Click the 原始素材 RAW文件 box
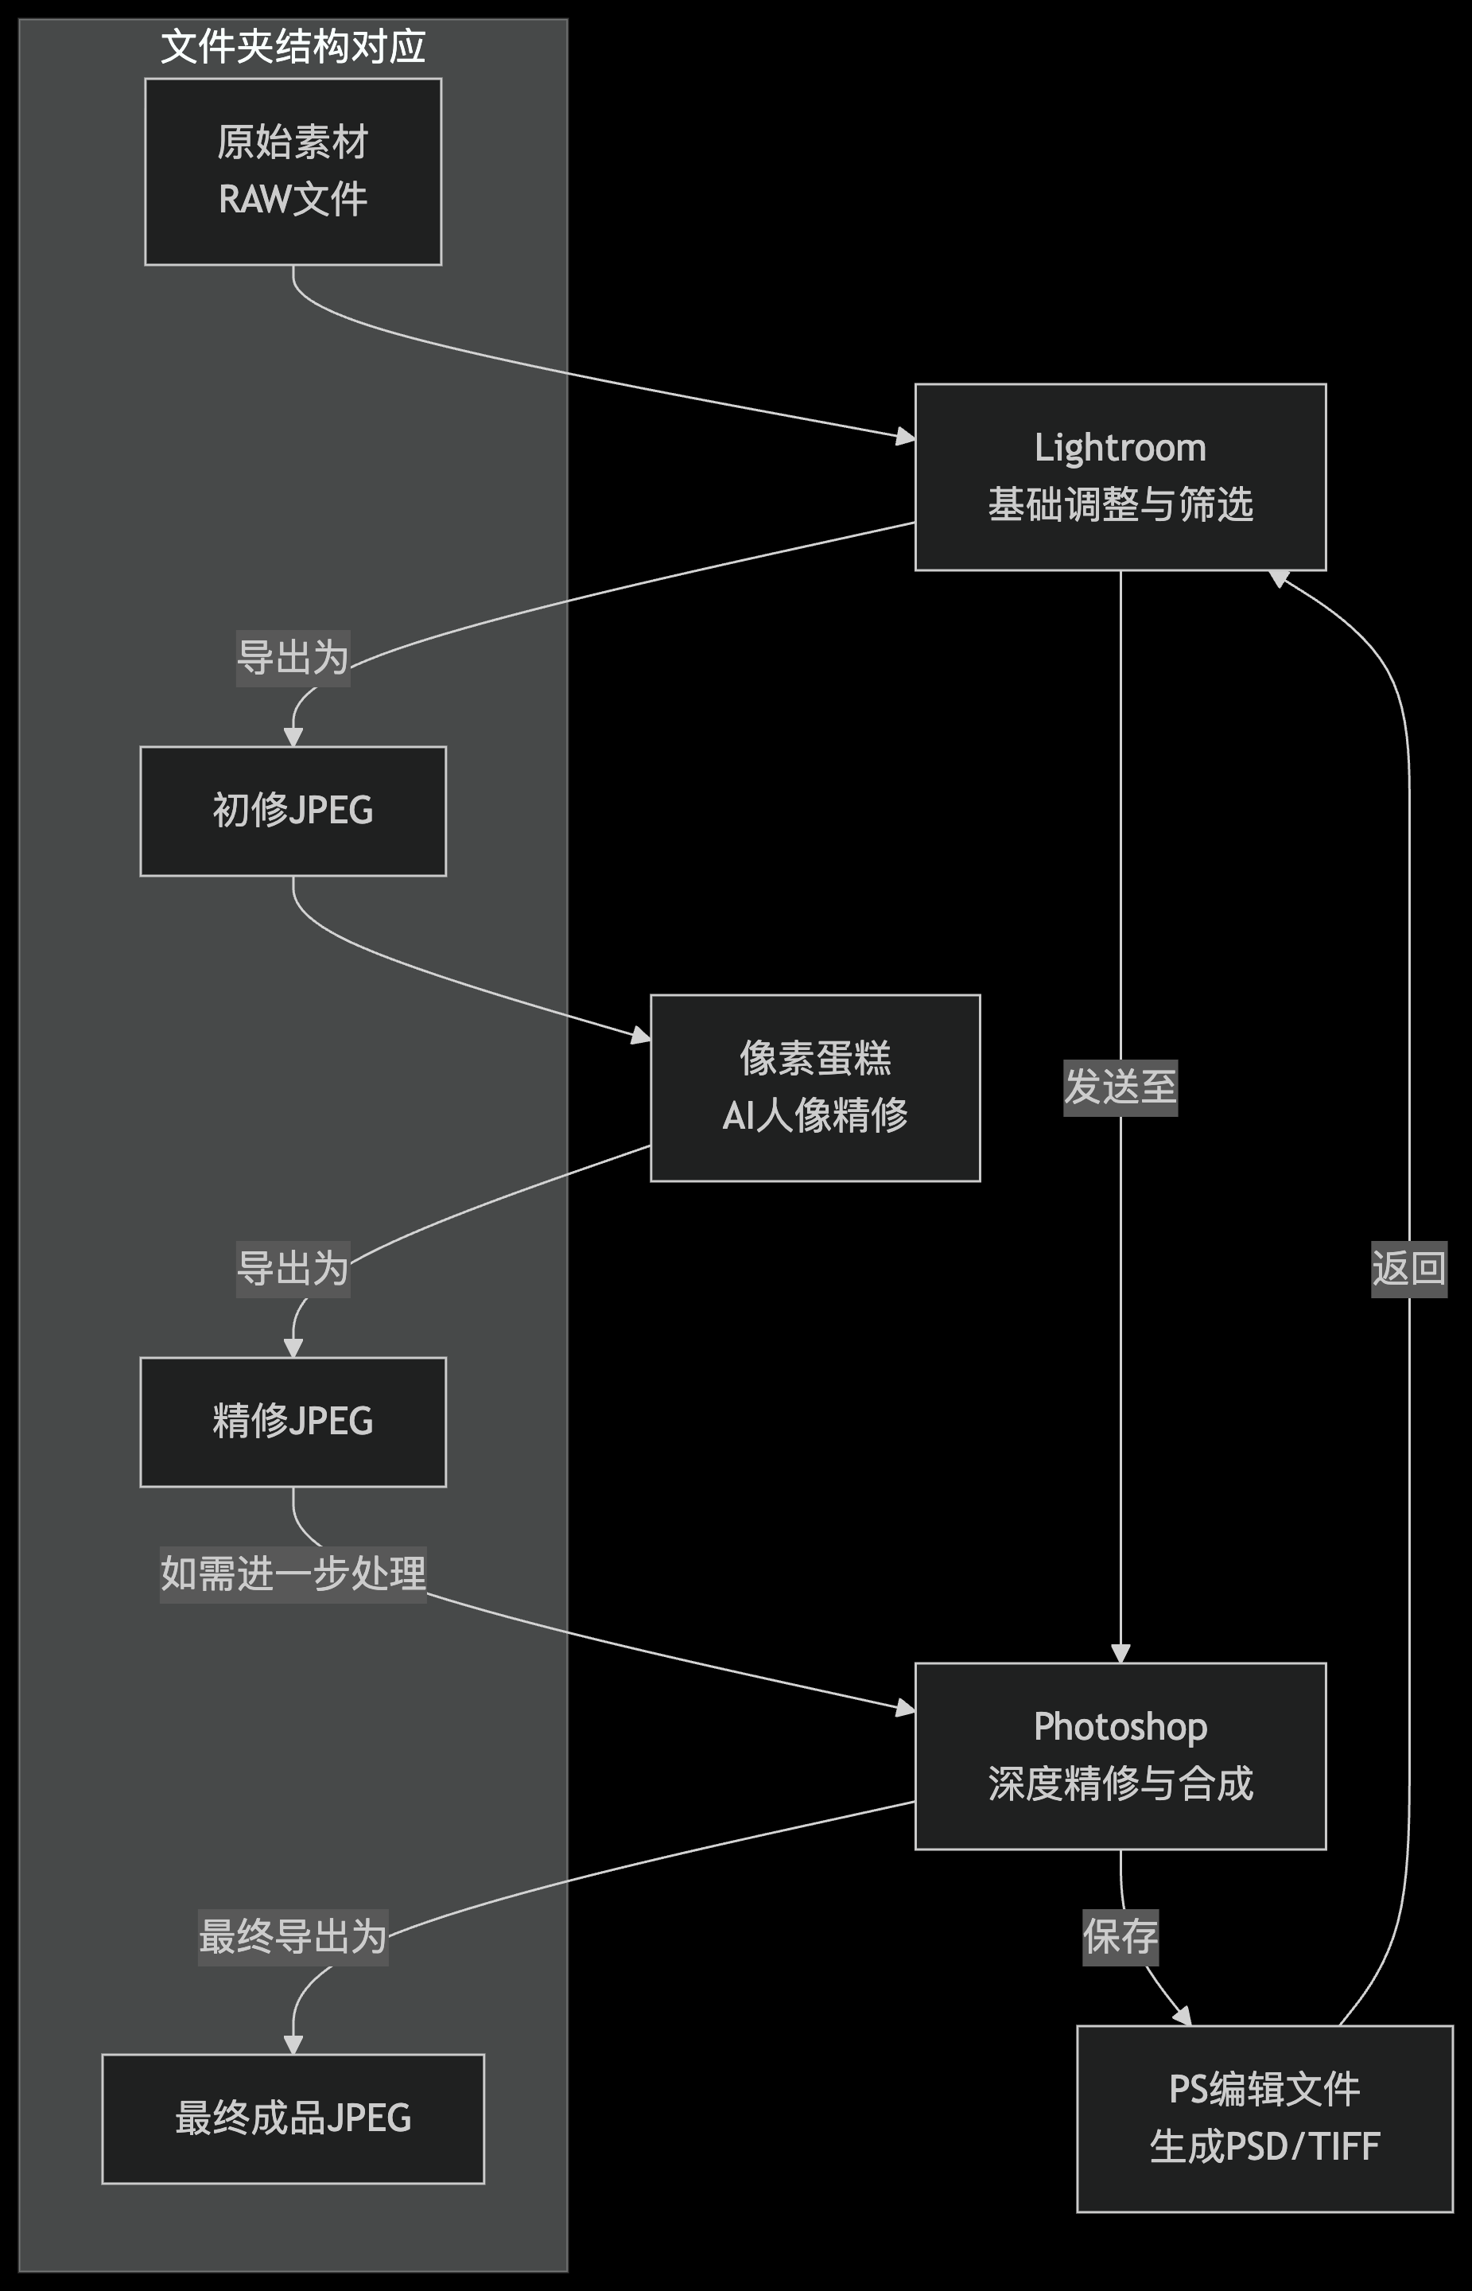(x=293, y=171)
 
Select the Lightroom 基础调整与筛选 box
(x=1121, y=476)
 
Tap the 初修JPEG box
(x=293, y=811)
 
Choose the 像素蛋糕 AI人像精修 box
(x=814, y=1087)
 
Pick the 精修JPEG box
(x=293, y=1421)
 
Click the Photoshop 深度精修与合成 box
(x=1121, y=1756)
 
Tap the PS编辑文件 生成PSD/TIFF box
(x=1264, y=2118)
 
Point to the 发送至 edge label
(x=1121, y=1087)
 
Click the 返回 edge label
(x=1408, y=1268)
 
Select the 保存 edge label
(x=1121, y=1937)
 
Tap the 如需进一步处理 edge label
(x=293, y=1573)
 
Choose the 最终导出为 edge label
(x=293, y=1937)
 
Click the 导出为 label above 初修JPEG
(x=293, y=658)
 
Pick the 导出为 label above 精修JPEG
(x=293, y=1268)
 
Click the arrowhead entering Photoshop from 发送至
(x=1121, y=1653)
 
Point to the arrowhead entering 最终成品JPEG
(x=293, y=2044)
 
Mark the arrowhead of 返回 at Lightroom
(x=1280, y=578)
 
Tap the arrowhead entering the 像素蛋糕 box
(x=639, y=1036)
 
